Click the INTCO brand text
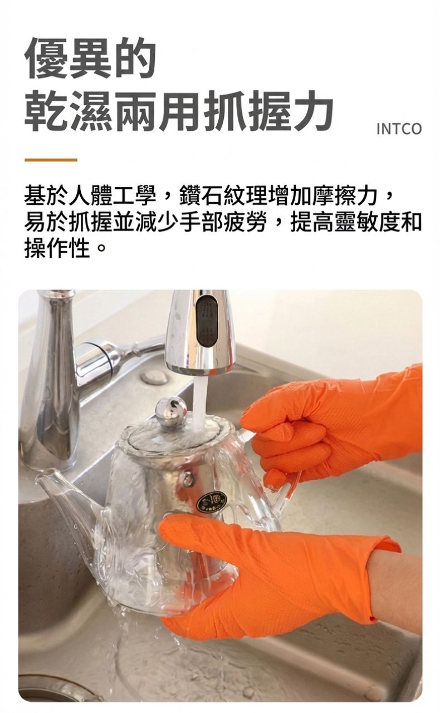pyautogui.click(x=399, y=129)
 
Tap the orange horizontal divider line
pyautogui.click(x=51, y=160)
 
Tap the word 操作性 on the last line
pyautogui.click(x=57, y=248)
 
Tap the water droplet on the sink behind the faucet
pyautogui.click(x=154, y=377)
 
